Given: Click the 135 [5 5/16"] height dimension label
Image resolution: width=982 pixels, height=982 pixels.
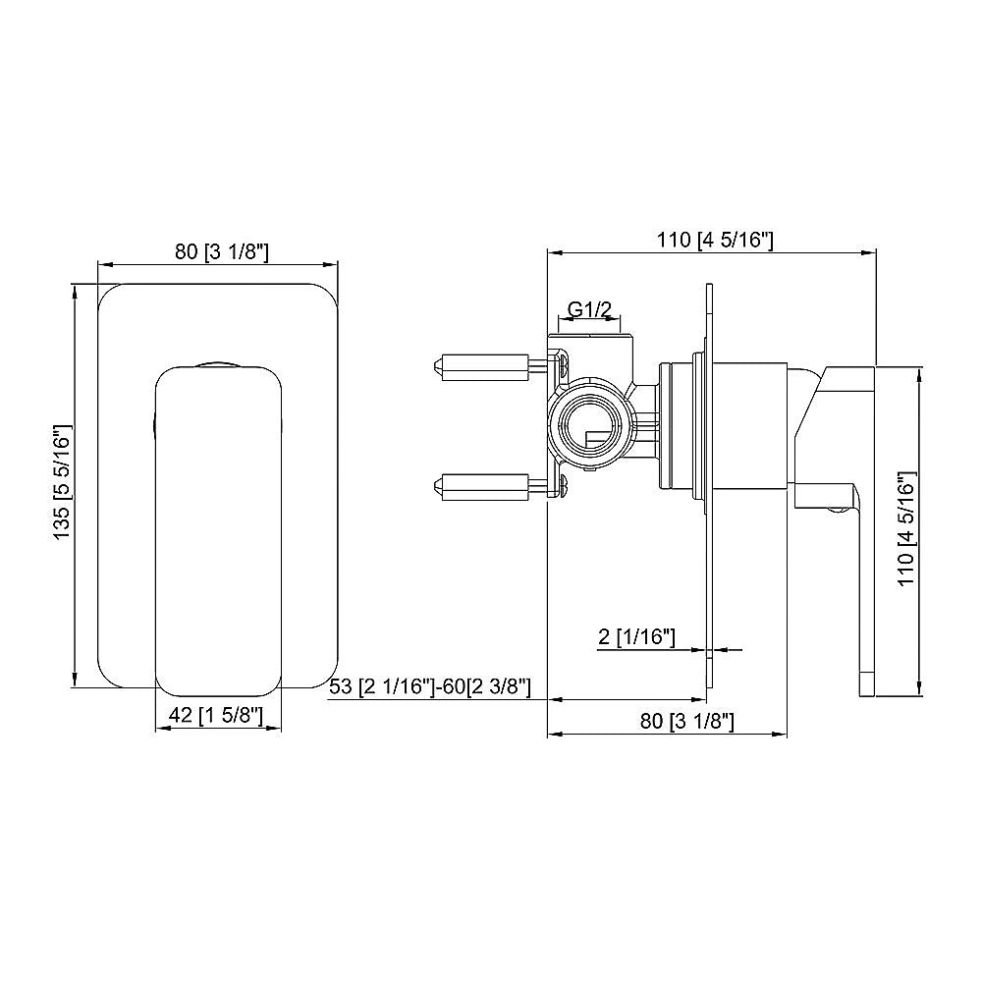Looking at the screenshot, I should pos(62,483).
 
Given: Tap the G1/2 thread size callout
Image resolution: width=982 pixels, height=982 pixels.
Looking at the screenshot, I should pos(591,310).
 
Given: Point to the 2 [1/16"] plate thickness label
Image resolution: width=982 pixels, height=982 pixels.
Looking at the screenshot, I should pos(636,637).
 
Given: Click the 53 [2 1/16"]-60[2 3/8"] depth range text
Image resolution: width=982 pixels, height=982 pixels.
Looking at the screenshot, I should pos(430,686).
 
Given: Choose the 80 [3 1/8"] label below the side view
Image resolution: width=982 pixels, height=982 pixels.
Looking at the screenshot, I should pos(687,722).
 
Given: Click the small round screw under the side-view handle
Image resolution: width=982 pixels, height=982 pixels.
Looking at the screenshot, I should pos(836,508).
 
